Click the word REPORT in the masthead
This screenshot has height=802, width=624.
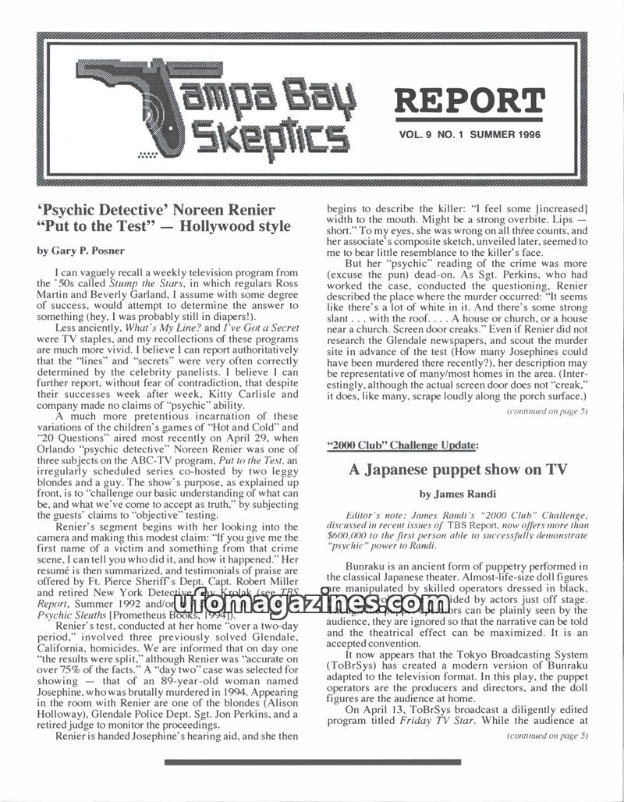[x=468, y=101]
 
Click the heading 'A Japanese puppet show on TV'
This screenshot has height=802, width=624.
[x=457, y=470]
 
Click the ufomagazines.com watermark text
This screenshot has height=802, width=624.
[x=312, y=603]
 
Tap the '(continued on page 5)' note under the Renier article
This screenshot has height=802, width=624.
[x=548, y=411]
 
